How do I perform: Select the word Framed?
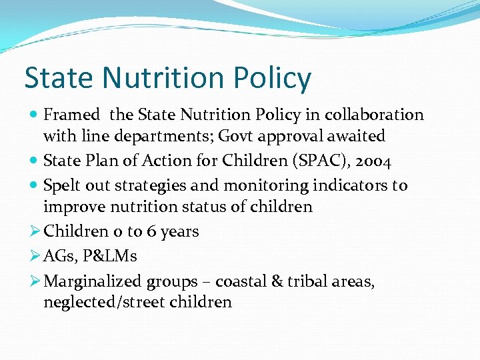pos(71,115)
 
